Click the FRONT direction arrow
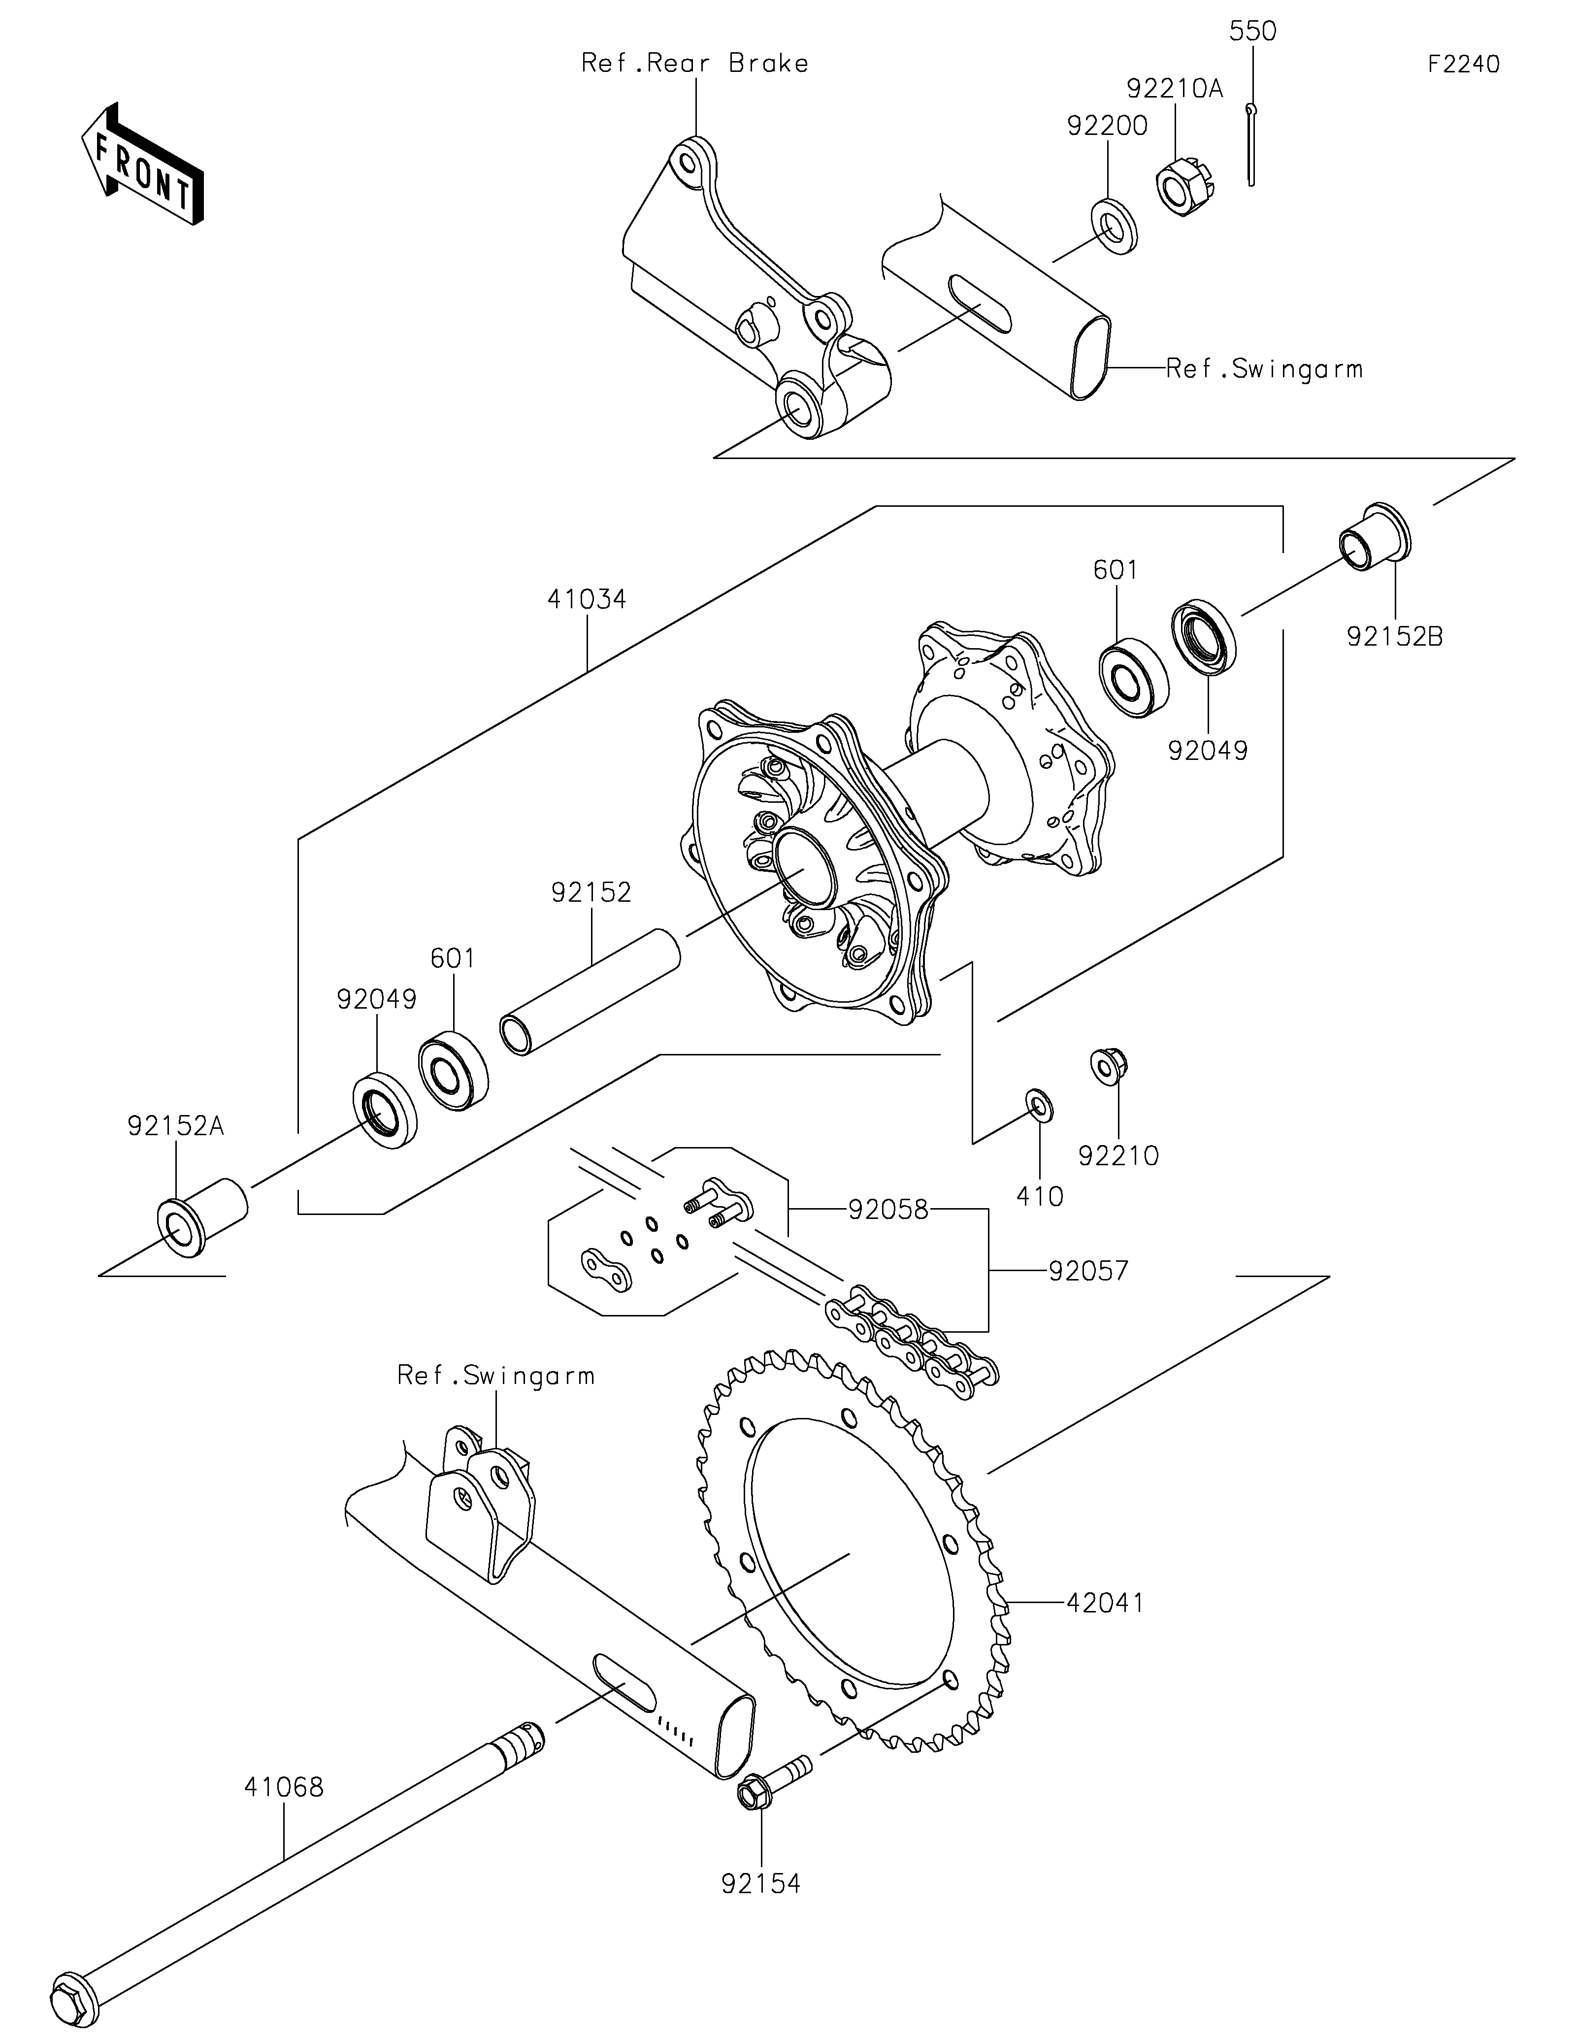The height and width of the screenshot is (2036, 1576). pos(142,163)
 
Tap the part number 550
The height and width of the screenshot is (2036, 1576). pos(1252,31)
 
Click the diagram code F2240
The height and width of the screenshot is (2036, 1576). pos(1463,65)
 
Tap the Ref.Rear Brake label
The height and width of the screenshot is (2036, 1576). pos(694,64)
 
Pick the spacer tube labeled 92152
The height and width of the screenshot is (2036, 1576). pos(590,992)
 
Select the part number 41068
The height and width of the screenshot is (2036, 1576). pos(284,1787)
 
